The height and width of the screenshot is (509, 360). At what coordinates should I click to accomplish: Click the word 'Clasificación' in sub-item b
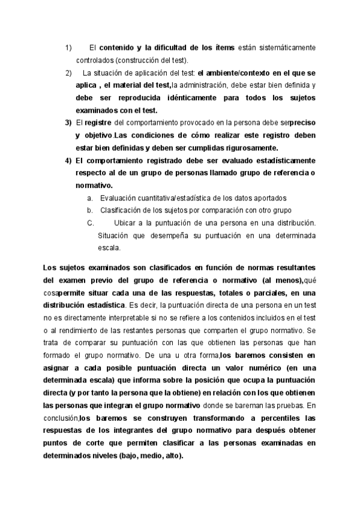pyautogui.click(x=120, y=210)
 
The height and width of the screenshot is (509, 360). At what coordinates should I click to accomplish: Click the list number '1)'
pyautogui.click(x=68, y=47)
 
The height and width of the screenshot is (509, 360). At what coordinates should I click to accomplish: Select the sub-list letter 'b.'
pyautogui.click(x=89, y=210)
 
